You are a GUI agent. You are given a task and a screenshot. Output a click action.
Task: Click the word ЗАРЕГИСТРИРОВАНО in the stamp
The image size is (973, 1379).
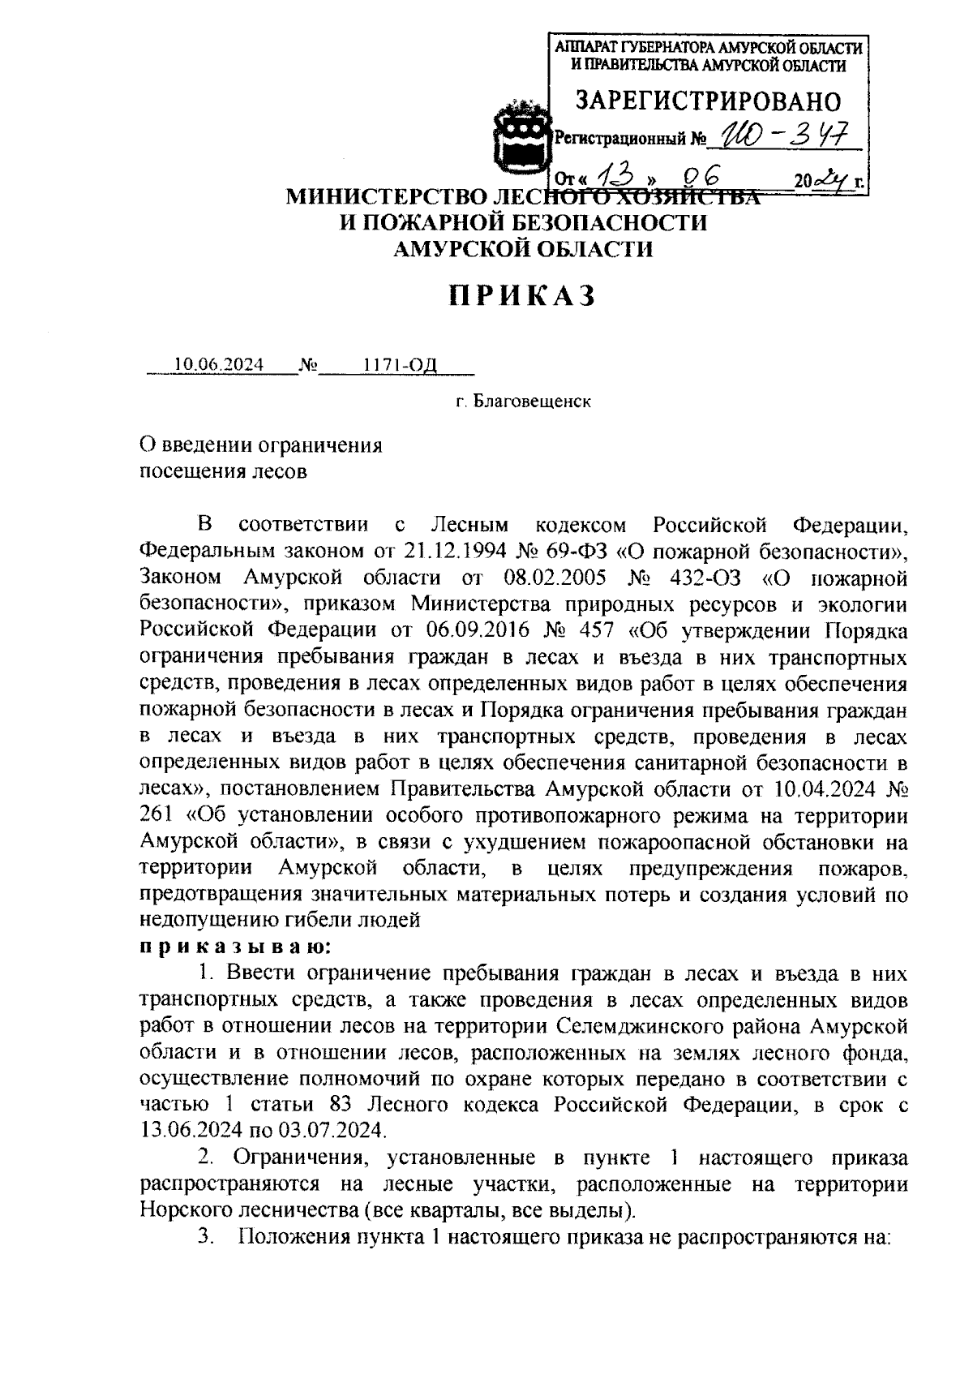(708, 101)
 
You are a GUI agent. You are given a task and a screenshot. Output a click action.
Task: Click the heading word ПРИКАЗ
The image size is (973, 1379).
(523, 296)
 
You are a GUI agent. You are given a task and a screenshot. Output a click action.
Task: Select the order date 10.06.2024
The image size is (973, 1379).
(219, 365)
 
